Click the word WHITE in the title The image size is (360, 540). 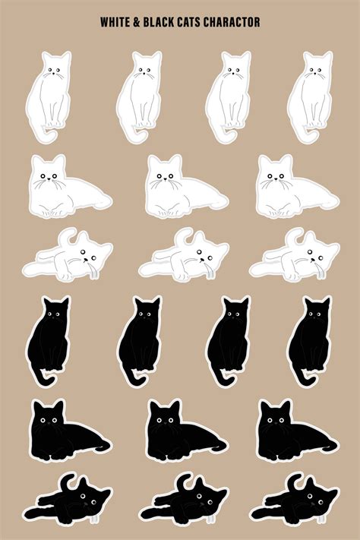point(115,23)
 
